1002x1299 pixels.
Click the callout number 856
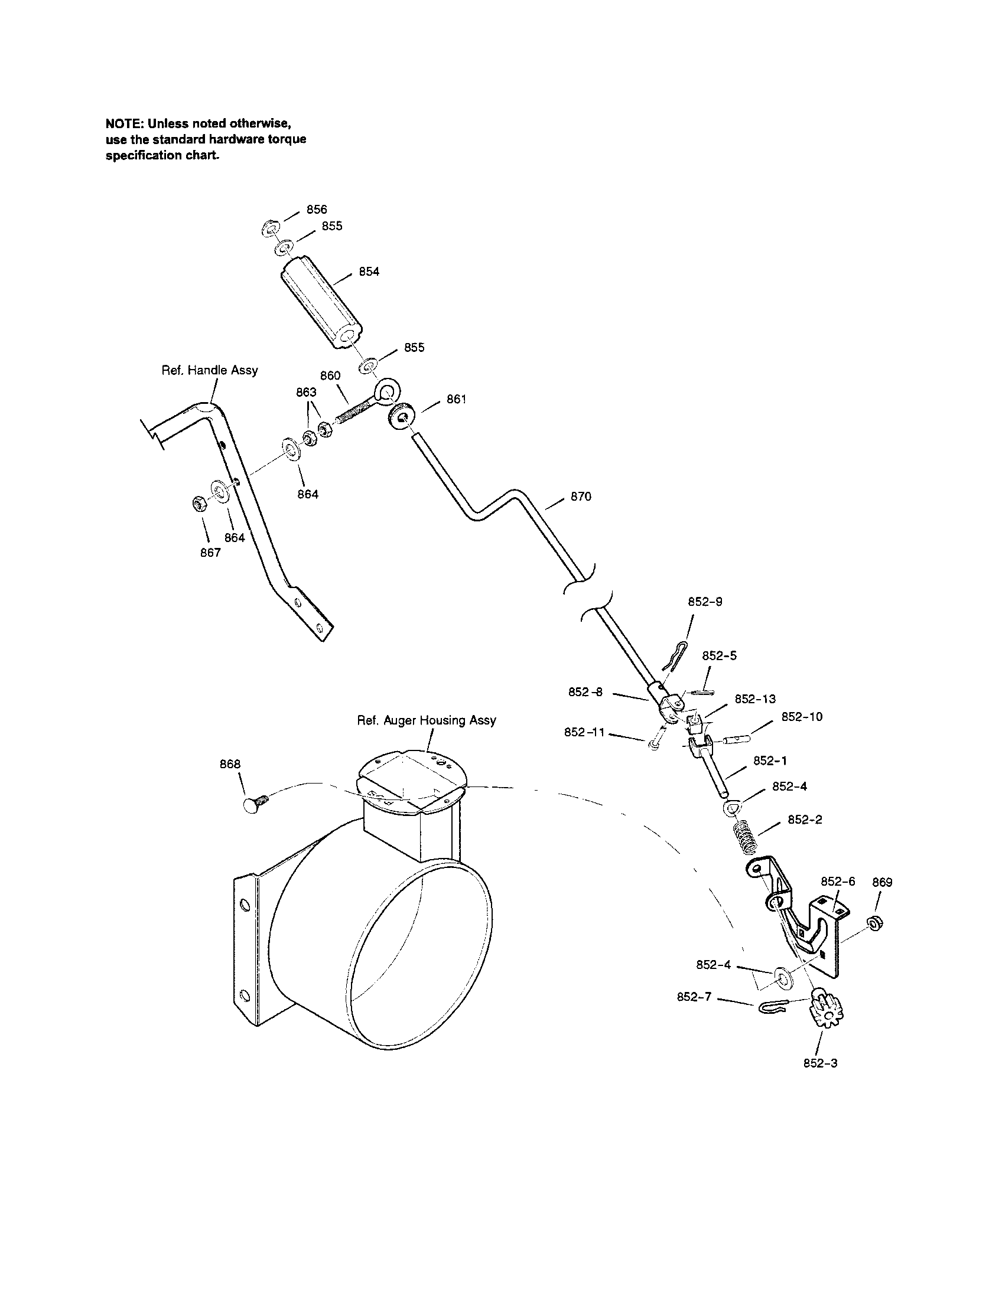click(x=317, y=210)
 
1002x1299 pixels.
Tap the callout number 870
click(x=581, y=497)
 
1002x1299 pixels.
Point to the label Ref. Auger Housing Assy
click(x=426, y=720)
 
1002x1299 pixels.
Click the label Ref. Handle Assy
click(x=210, y=370)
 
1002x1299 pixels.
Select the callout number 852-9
click(x=705, y=601)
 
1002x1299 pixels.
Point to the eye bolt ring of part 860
click(x=387, y=391)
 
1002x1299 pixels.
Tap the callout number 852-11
click(x=584, y=733)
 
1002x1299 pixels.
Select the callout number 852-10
click(x=802, y=717)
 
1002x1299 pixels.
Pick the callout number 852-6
click(x=838, y=881)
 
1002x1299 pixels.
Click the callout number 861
click(x=456, y=399)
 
